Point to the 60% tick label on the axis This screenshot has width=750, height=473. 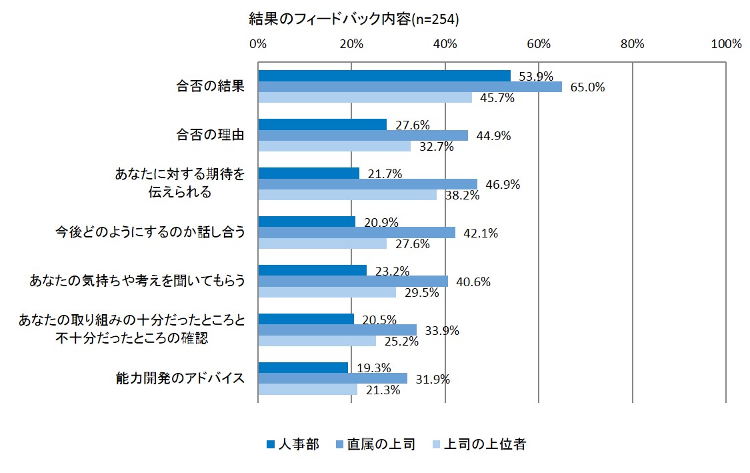(x=539, y=45)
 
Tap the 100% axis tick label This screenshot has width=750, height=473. (x=725, y=45)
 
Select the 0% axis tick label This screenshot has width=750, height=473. (x=258, y=45)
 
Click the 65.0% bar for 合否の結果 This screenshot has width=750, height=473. (x=409, y=87)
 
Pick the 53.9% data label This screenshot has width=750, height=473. (x=537, y=76)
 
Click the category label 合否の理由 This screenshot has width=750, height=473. (x=210, y=135)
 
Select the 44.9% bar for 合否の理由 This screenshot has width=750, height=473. (x=363, y=135)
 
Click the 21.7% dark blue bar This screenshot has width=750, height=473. (x=308, y=173)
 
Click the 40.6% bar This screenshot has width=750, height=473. (x=353, y=282)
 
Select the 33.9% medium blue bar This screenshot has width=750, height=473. (x=337, y=330)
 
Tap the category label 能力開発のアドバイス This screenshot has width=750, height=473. (x=179, y=379)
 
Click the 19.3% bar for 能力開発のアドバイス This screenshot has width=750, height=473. (x=303, y=368)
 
